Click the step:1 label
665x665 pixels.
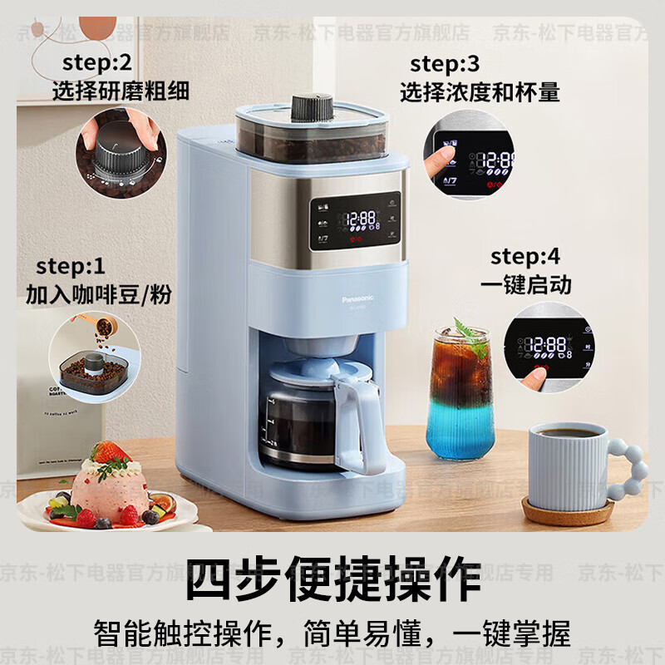(x=71, y=267)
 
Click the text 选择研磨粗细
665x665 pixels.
(x=121, y=90)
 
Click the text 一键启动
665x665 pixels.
(x=525, y=284)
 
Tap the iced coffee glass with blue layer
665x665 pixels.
(x=459, y=395)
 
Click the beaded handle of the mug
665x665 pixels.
(x=629, y=469)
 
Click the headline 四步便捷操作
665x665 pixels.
(x=332, y=577)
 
